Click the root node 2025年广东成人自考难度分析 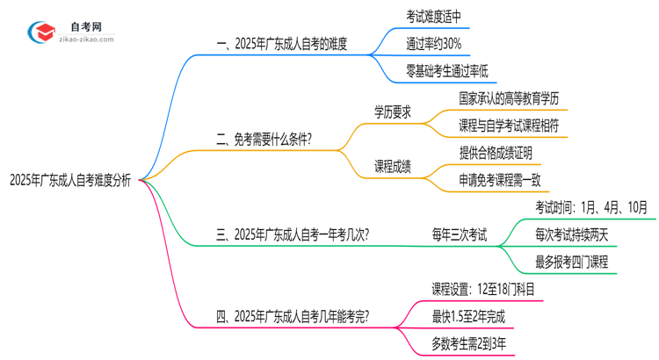70,181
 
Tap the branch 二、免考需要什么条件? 264,138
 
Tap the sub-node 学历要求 392,112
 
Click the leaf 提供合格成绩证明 495,152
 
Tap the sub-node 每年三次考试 459,234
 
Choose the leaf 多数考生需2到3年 469,342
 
